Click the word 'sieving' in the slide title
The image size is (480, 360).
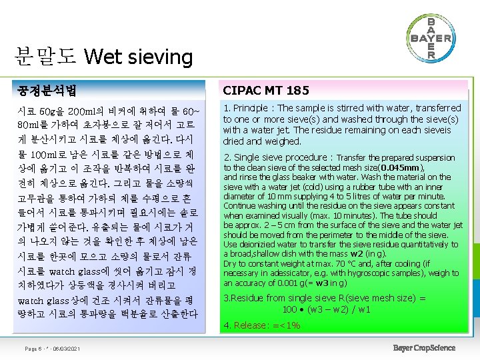[159, 57]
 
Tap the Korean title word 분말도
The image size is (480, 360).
[45, 57]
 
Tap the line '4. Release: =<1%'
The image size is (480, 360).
[262, 325]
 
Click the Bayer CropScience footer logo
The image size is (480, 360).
[424, 348]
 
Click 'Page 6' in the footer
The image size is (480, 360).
[32, 349]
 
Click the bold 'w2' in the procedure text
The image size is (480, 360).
[356, 254]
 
